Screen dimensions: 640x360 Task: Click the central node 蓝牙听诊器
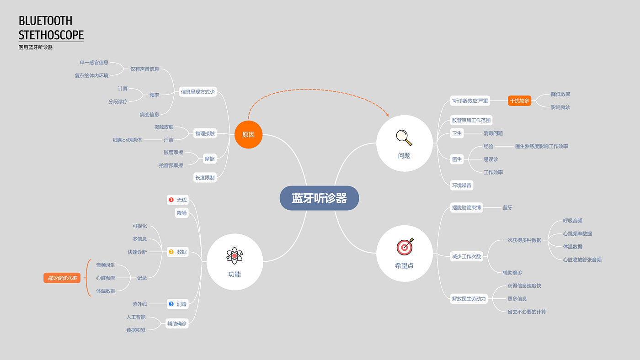pos(319,198)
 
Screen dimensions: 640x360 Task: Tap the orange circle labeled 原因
pos(248,135)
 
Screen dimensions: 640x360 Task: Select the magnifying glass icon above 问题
pos(404,137)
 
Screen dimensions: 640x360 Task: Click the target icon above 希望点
pos(405,247)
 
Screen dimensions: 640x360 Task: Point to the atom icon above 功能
pos(235,256)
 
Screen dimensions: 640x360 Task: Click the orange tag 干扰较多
pos(519,101)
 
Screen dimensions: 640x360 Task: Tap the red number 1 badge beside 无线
pos(171,200)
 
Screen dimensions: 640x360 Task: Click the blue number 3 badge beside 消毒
pos(171,304)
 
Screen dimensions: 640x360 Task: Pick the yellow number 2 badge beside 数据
pos(171,252)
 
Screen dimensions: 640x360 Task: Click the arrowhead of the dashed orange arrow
pos(387,115)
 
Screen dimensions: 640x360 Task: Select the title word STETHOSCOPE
pos(51,35)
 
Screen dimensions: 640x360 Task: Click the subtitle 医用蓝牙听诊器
pos(36,47)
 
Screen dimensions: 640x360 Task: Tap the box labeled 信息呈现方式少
pos(197,91)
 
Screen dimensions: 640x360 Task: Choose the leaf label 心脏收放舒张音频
pos(582,259)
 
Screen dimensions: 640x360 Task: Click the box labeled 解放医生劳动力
pos(469,299)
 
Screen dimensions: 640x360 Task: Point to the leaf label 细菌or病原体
pos(127,140)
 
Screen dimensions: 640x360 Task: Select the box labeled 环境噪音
pos(462,185)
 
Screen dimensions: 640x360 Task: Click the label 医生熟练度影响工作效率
pos(541,146)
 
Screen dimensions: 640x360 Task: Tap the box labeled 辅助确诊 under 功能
pos(176,323)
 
